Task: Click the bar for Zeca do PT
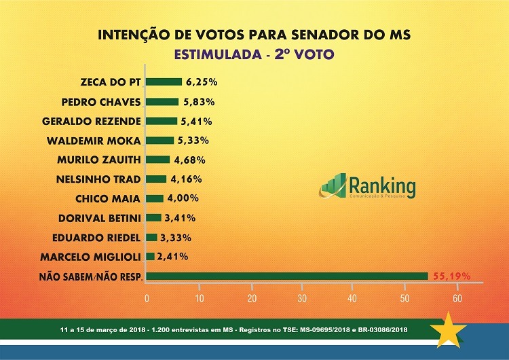164,82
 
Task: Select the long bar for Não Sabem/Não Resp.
287,276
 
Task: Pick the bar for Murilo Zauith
157,160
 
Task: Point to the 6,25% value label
201,82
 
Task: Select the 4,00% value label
182,198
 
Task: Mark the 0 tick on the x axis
147,298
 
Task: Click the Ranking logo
369,186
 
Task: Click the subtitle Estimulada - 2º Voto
254,52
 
